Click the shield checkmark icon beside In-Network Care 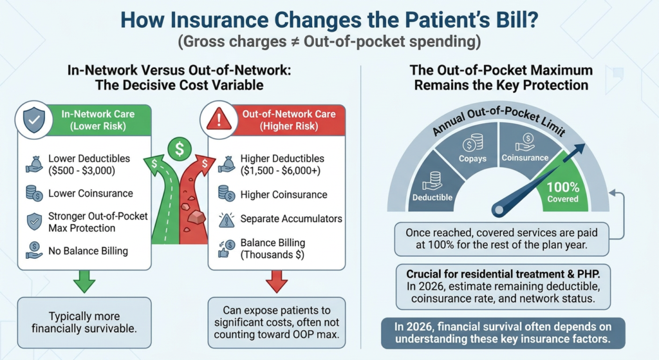click(x=34, y=120)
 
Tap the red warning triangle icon click(x=219, y=119)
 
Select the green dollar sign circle click(x=180, y=149)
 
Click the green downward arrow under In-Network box click(x=84, y=281)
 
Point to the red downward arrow click(x=277, y=281)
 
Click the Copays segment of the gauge click(x=472, y=149)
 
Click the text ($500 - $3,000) click(x=82, y=170)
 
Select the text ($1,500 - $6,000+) click(x=281, y=170)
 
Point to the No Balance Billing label click(x=88, y=251)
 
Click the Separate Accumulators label click(x=292, y=219)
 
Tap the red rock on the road click(x=196, y=218)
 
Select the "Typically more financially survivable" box click(x=84, y=323)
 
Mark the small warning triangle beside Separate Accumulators click(x=227, y=220)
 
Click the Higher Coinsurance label click(x=284, y=194)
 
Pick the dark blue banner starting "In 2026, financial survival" click(x=503, y=333)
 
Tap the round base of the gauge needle click(x=499, y=209)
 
